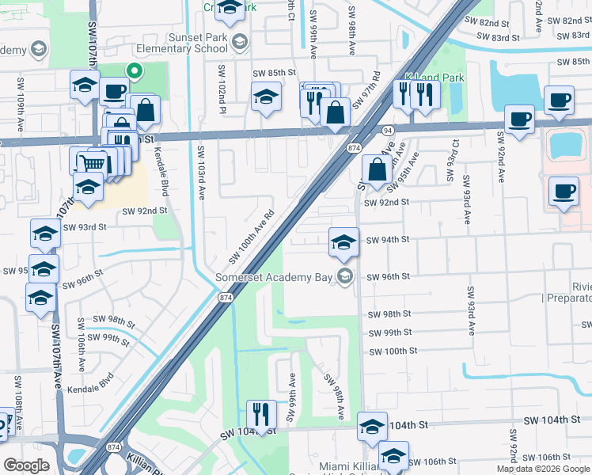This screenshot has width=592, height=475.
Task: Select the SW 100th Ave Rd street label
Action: click(251, 237)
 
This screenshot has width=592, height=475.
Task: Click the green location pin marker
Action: click(135, 71)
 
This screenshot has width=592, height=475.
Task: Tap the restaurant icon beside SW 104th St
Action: click(259, 412)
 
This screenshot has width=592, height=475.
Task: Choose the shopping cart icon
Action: click(93, 163)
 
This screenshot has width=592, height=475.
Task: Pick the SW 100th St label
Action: click(393, 351)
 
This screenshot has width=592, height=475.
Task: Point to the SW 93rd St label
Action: click(84, 227)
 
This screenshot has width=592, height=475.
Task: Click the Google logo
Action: click(26, 465)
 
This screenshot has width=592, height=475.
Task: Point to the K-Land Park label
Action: click(435, 78)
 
